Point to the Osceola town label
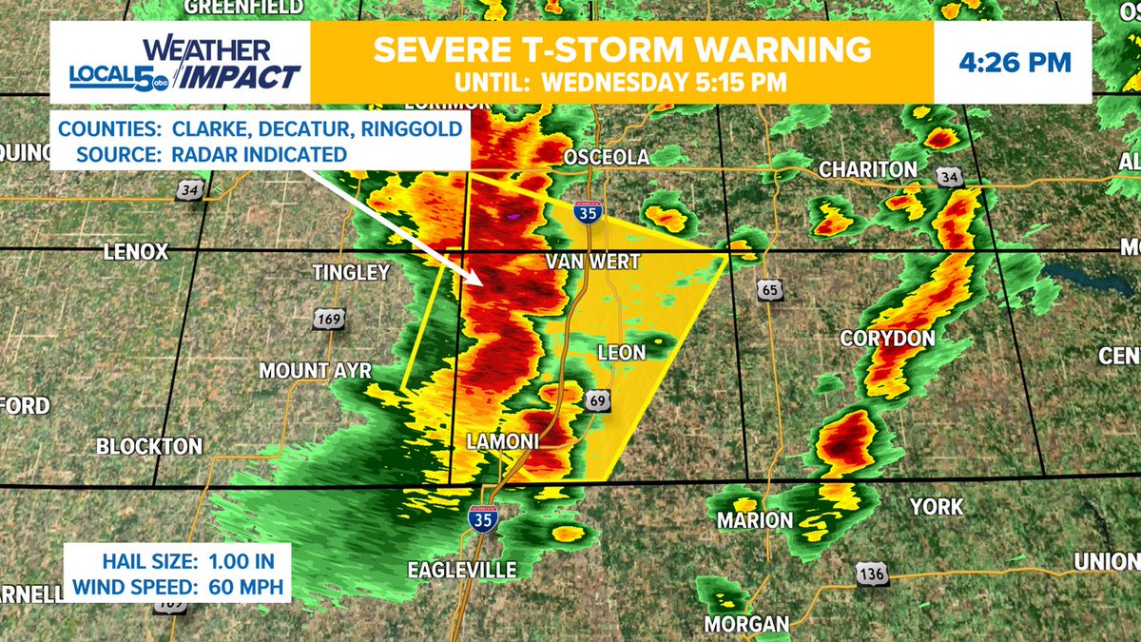click(x=607, y=157)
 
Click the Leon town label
click(x=621, y=353)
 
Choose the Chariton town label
click(x=868, y=169)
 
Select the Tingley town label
click(x=351, y=273)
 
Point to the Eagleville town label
click(x=461, y=570)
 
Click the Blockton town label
click(x=148, y=445)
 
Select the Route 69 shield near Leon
click(x=597, y=399)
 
